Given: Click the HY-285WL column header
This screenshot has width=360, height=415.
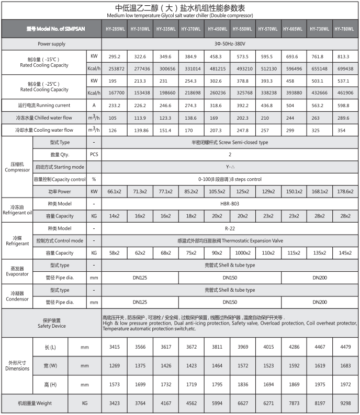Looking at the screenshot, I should [x=114, y=29].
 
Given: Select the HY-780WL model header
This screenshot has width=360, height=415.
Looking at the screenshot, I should [x=345, y=29].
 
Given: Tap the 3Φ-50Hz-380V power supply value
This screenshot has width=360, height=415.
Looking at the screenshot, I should [x=230, y=44].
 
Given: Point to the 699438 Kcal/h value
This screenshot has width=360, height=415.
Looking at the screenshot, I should [x=345, y=68].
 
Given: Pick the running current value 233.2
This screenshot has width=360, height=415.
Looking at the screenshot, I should [x=114, y=105].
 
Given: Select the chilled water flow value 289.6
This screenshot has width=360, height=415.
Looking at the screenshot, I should [x=345, y=118].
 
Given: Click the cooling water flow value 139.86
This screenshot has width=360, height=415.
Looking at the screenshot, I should [x=140, y=130].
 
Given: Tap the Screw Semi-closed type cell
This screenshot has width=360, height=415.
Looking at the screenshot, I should [x=230, y=142].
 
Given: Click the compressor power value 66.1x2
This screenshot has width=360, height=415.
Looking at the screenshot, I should [x=114, y=191].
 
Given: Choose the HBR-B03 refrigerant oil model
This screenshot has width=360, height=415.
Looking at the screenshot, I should [x=230, y=204].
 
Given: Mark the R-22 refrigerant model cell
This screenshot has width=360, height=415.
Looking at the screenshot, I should [x=230, y=228].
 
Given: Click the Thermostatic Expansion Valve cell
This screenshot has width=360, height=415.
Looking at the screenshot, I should [x=230, y=241].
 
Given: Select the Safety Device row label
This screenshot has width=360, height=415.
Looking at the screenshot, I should [x=51, y=323].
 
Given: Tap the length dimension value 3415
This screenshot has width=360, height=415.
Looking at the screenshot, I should [x=114, y=347].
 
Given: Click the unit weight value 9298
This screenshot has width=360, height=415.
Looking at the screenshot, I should [x=345, y=403].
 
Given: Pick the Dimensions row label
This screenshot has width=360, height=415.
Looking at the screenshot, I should [x=17, y=365].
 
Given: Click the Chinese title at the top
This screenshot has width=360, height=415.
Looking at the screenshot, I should [x=179, y=7].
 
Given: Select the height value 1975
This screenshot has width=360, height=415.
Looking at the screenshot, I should [x=319, y=385].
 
